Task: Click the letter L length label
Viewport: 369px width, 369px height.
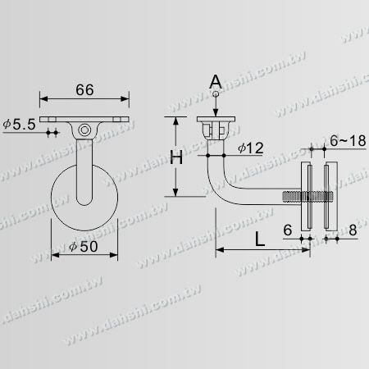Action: pos(260,240)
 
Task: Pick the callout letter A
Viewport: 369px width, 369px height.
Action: pos(216,80)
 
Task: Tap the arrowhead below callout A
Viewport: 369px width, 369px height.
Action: pos(216,113)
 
